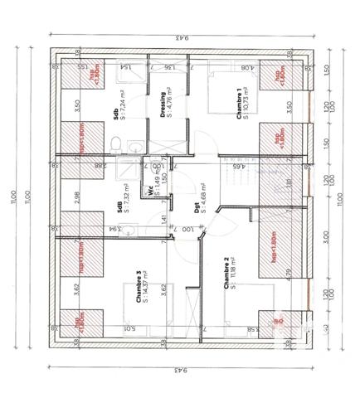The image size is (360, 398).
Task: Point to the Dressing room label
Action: [x=163, y=104]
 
